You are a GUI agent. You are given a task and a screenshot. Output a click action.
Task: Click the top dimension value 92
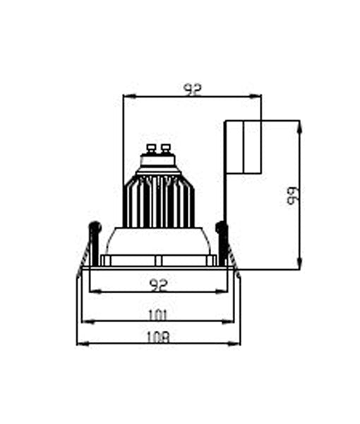pyautogui.click(x=192, y=89)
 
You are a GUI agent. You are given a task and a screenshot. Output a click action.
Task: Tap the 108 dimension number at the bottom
pyautogui.click(x=160, y=337)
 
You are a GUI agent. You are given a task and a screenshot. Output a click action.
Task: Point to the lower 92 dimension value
pyautogui.click(x=160, y=284)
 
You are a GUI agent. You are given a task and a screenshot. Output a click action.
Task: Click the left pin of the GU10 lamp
pyautogui.click(x=150, y=149)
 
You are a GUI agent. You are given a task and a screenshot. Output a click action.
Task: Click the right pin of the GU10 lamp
pyautogui.click(x=166, y=149)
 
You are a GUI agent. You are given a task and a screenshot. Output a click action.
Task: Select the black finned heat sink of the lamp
pyautogui.click(x=159, y=201)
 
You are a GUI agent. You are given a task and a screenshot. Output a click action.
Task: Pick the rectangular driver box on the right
pyautogui.click(x=243, y=147)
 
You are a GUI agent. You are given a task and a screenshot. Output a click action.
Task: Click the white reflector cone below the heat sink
pyautogui.click(x=159, y=242)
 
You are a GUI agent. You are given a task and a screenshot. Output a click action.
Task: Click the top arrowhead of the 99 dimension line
pyautogui.click(x=299, y=124)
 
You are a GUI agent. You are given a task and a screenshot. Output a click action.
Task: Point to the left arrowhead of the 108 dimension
pyautogui.click(x=80, y=343)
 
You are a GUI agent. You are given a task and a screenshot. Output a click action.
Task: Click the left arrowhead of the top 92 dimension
pyautogui.click(x=126, y=96)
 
